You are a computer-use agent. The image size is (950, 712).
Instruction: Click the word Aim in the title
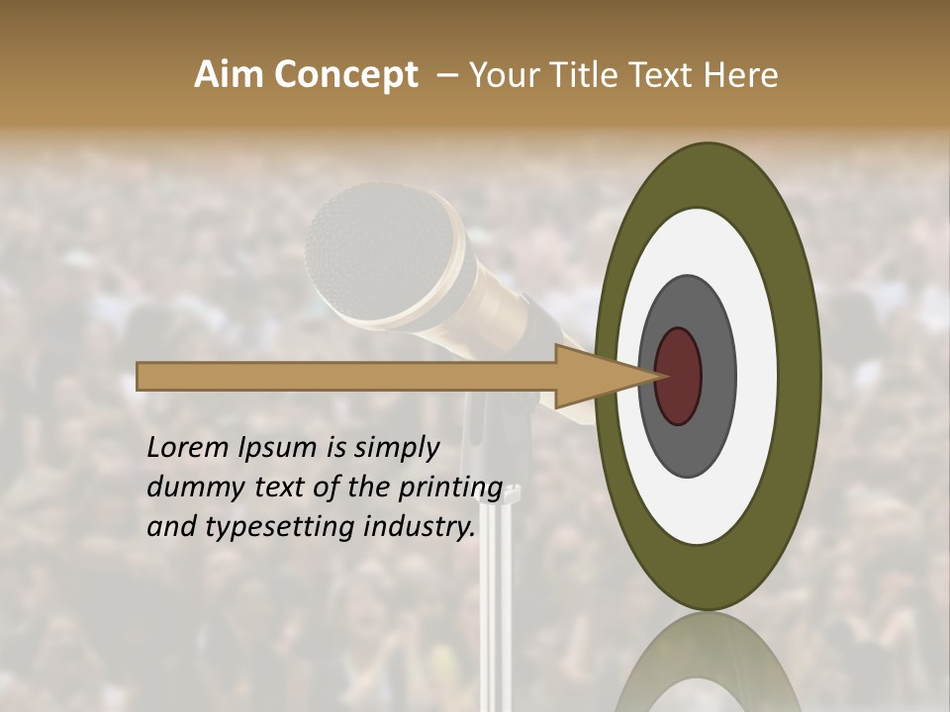(x=229, y=75)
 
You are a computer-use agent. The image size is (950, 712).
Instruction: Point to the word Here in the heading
(x=741, y=75)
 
